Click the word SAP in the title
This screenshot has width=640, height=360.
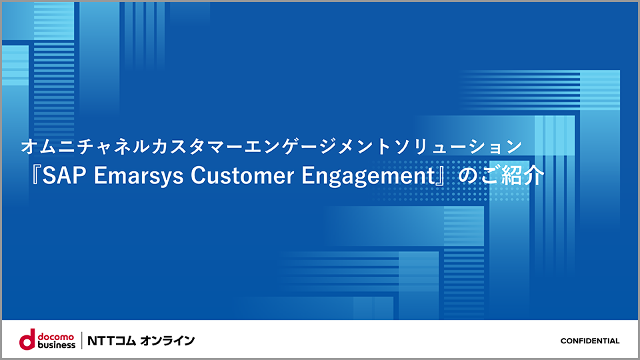click(64, 175)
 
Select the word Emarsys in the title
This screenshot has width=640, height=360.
click(139, 177)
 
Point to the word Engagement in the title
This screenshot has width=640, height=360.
click(368, 177)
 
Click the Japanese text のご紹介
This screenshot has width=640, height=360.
click(501, 176)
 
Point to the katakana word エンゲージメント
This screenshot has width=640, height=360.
click(317, 146)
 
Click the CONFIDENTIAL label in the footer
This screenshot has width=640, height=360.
click(590, 341)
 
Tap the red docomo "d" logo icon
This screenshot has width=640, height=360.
click(27, 339)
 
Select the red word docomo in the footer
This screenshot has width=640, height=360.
click(56, 337)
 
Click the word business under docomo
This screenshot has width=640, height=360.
click(56, 345)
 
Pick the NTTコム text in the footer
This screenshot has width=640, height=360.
click(111, 341)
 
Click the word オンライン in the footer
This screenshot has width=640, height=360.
click(167, 341)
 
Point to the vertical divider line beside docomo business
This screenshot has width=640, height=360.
click(81, 341)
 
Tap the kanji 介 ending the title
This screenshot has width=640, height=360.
click(534, 176)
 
